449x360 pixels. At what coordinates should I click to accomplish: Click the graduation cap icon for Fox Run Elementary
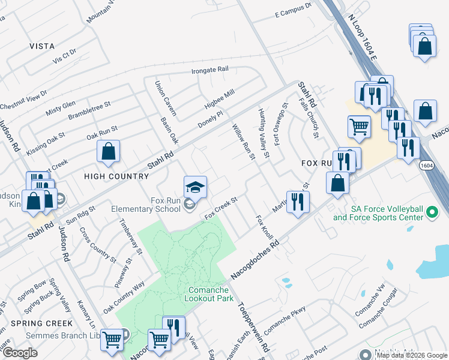tap(195, 188)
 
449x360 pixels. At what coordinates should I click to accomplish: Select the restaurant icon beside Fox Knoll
tap(297, 202)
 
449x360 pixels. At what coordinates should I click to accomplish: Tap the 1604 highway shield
tap(426, 164)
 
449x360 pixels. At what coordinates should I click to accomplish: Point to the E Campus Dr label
tap(293, 8)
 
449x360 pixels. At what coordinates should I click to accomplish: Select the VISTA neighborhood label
tap(42, 46)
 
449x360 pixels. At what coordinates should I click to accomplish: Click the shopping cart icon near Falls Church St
tap(359, 127)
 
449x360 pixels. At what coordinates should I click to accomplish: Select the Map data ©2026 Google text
tap(411, 355)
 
